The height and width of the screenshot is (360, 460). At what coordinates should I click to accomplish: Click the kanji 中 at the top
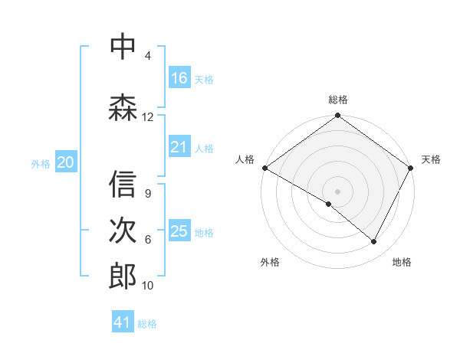pos(123,47)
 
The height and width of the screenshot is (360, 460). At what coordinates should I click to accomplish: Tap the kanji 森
pos(123,108)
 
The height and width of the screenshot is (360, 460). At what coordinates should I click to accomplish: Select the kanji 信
pos(123,185)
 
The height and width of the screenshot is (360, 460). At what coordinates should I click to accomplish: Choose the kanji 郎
pos(123,277)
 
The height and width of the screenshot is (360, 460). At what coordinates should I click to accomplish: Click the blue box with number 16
pos(179,78)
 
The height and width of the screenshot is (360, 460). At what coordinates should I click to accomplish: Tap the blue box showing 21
pos(179,147)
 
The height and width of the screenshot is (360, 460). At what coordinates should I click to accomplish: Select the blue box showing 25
pos(179,231)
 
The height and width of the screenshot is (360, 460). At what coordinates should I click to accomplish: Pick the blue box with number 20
pos(66,162)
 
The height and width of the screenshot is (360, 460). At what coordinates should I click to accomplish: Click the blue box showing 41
pos(123,322)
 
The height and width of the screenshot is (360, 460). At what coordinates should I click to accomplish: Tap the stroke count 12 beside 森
pos(148,117)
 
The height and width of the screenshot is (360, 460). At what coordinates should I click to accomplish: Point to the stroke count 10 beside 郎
pos(148,286)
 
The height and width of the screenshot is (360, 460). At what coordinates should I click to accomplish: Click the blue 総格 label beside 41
pos(148,324)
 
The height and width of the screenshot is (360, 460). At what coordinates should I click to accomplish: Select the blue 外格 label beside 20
pos(41,163)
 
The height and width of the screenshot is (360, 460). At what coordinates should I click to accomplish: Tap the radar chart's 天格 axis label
pos(431,159)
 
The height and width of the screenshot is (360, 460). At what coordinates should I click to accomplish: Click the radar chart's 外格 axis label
pos(270,262)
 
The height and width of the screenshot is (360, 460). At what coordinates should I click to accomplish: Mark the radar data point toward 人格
pos(264,168)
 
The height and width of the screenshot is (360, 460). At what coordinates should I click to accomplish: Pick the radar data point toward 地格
pos(374,242)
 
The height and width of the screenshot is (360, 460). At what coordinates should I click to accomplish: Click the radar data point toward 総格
pos(337,116)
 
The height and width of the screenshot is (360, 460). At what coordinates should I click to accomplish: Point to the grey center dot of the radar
pos(337,191)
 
